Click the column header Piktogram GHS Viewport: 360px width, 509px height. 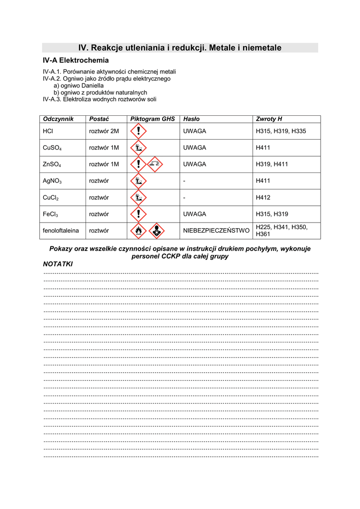[x=153, y=119]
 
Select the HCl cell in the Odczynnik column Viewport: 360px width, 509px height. [x=48, y=131]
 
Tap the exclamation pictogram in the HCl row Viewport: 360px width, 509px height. [x=138, y=131]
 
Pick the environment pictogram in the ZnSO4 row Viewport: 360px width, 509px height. [x=155, y=164]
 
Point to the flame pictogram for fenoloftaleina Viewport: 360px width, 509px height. [x=138, y=231]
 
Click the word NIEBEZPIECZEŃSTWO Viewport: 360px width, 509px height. [x=216, y=231]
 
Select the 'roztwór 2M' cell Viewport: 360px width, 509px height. [x=104, y=131]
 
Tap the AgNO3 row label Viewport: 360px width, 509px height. [x=52, y=181]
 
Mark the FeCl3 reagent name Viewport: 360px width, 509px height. [x=51, y=214]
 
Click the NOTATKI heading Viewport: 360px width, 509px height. [x=58, y=264]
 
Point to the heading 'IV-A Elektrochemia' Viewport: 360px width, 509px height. [x=76, y=60]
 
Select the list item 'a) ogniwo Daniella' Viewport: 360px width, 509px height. [x=79, y=85]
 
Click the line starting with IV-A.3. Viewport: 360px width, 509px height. [x=99, y=99]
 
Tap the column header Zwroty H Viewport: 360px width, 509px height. [x=269, y=119]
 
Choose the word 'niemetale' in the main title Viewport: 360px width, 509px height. [x=260, y=48]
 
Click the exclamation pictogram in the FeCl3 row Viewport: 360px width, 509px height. [x=138, y=214]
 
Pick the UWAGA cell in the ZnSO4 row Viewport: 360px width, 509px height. [x=194, y=164]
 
